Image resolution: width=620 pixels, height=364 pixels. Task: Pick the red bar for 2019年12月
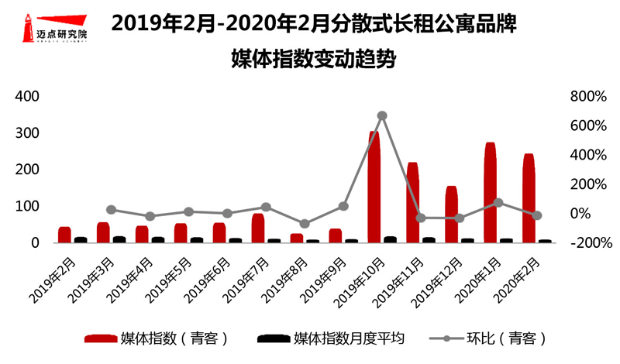click(451, 215)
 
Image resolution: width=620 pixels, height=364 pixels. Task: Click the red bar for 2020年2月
click(529, 198)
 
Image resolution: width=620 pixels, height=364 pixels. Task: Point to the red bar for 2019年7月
click(257, 228)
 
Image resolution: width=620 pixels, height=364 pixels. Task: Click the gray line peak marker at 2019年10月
click(382, 115)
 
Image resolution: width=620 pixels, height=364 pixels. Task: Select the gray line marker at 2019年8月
click(305, 224)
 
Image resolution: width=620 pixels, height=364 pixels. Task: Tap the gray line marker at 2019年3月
click(111, 209)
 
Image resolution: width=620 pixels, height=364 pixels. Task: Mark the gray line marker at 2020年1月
click(498, 203)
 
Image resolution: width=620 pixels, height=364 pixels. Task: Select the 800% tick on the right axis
click(587, 96)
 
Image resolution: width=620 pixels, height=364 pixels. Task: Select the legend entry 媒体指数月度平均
click(333, 338)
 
